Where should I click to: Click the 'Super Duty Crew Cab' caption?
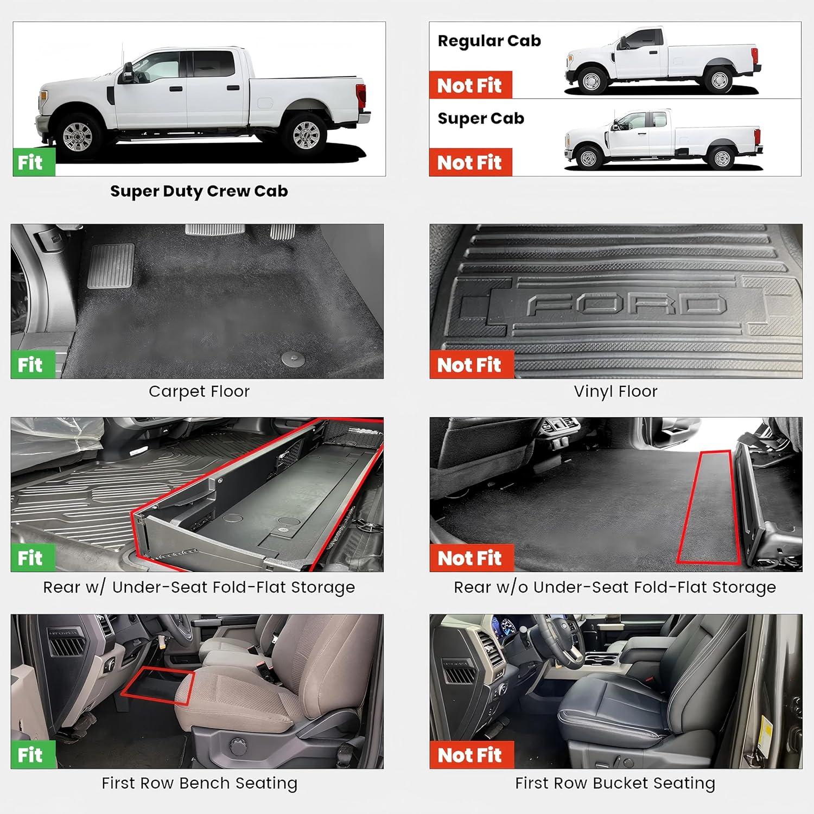199,192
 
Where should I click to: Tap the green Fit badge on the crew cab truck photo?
34,162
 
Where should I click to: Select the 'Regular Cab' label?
489,41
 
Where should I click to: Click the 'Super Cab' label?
481,119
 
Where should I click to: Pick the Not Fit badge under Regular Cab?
470,85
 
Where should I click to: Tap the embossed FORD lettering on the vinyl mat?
626,306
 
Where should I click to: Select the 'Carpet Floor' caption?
199,392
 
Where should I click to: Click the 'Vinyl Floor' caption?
615,392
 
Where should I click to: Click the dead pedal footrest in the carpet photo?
111,265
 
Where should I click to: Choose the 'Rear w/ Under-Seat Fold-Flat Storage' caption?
199,587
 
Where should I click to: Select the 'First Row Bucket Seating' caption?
615,783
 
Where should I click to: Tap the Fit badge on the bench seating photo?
33,755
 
